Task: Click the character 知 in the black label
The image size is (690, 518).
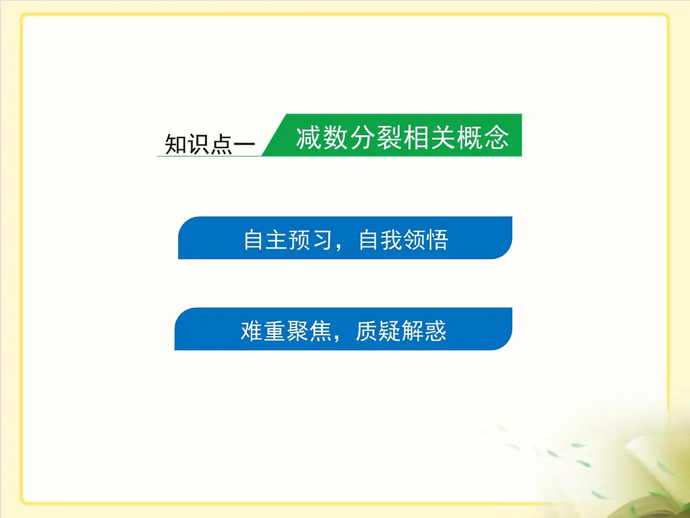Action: click(175, 144)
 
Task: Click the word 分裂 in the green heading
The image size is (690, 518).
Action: click(375, 138)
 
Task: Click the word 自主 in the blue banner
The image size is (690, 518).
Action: click(266, 239)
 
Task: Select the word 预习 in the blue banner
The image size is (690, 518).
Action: click(311, 239)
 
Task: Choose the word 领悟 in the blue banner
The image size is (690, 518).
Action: click(426, 239)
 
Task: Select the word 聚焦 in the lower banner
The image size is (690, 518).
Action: click(309, 331)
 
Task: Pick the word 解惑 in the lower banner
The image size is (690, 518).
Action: click(424, 331)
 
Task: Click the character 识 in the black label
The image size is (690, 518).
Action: click(199, 144)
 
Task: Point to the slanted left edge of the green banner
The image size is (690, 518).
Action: click(274, 135)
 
